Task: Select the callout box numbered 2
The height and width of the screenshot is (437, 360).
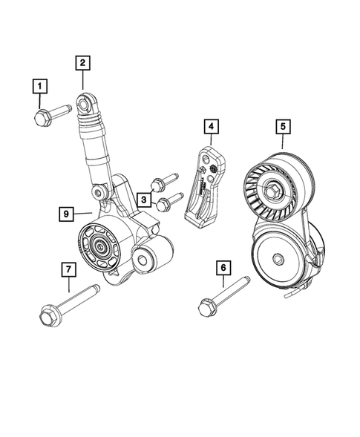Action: [x=82, y=64]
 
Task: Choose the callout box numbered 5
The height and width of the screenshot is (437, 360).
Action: [x=283, y=127]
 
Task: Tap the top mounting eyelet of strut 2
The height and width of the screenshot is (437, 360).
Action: [x=88, y=100]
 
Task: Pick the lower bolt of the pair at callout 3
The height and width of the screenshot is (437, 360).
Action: [x=168, y=199]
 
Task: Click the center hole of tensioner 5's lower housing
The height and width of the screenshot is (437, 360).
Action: [x=278, y=258]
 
